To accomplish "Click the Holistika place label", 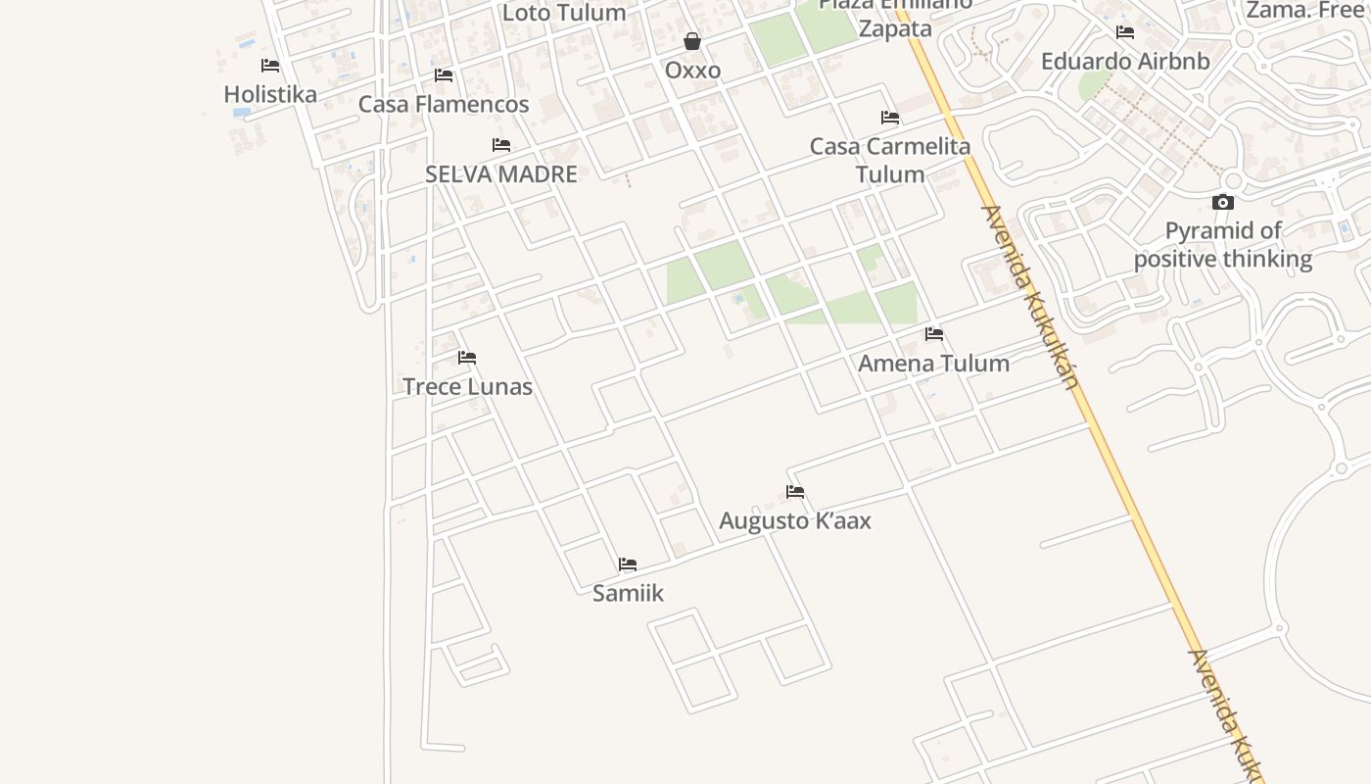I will (x=270, y=94).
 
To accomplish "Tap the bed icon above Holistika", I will (x=270, y=66).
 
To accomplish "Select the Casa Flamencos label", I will (x=444, y=104).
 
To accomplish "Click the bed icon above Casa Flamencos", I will (x=444, y=75).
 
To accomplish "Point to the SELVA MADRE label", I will (x=501, y=174).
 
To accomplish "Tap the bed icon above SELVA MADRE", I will (x=501, y=145).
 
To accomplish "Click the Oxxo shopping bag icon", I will (x=692, y=41).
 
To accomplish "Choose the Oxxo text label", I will (x=692, y=71).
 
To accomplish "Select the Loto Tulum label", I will (x=564, y=13).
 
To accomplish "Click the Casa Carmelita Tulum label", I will (x=890, y=160).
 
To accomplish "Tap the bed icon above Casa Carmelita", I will (x=890, y=118).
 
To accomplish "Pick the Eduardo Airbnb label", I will (x=1125, y=61).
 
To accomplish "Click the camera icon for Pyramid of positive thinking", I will (x=1223, y=203).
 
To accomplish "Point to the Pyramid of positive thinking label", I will (x=1223, y=245).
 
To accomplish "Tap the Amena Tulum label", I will (x=933, y=363).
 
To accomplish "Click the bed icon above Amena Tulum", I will (x=934, y=334).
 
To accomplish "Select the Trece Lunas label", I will (x=467, y=386).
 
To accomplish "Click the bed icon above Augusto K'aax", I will (x=795, y=492).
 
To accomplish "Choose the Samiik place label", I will (x=628, y=593).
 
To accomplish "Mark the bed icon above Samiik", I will (x=628, y=564).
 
